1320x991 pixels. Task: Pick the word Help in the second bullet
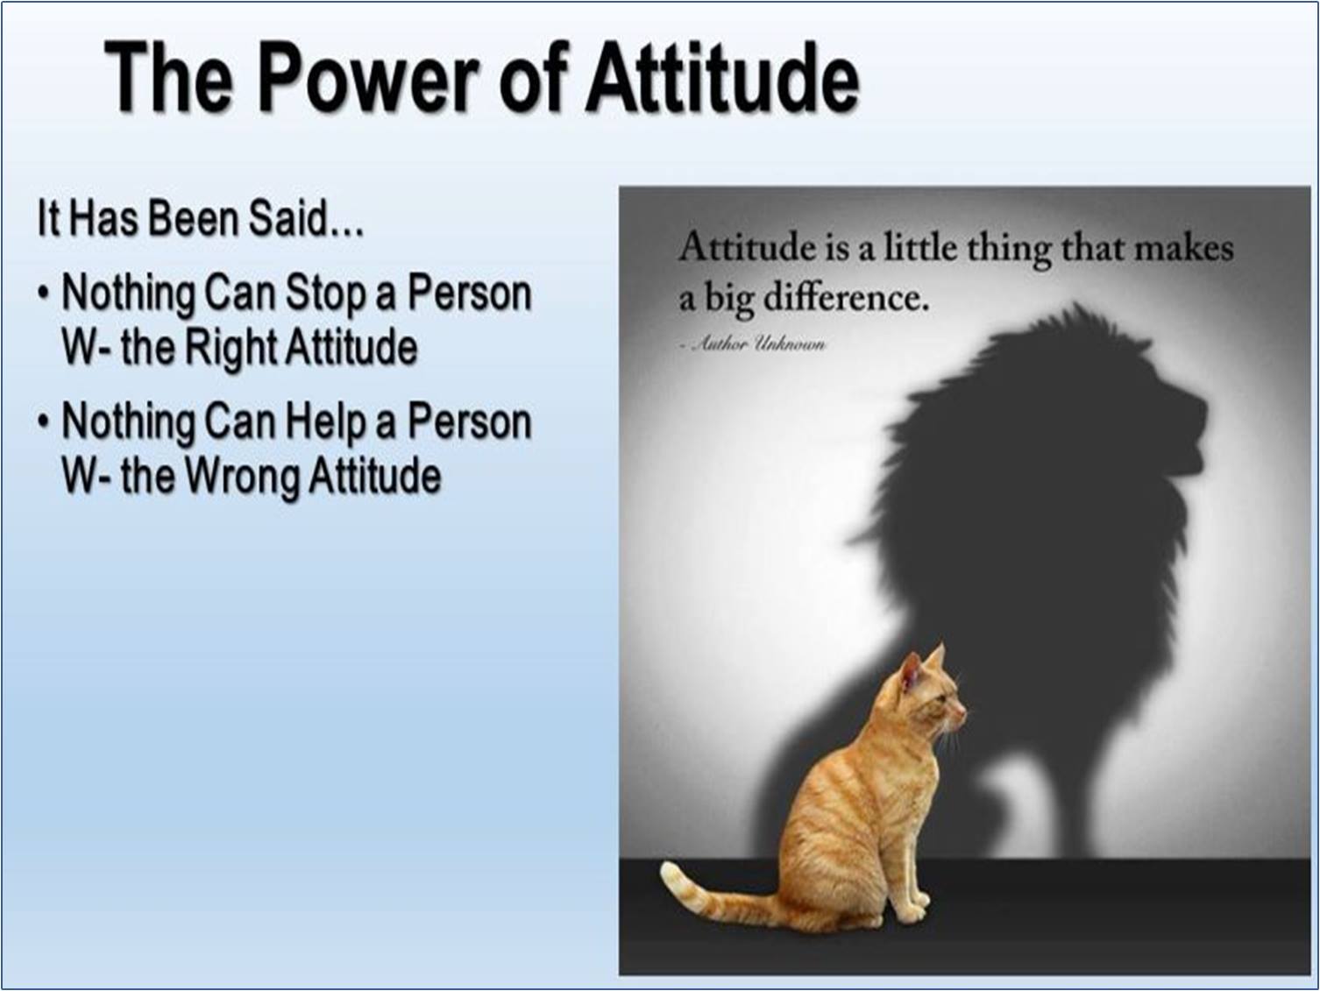click(x=325, y=422)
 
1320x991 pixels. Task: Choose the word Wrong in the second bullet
click(x=241, y=477)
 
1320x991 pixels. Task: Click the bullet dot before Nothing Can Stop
click(x=43, y=295)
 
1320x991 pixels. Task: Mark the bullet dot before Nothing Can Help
click(x=43, y=423)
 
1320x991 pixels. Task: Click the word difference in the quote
click(x=846, y=297)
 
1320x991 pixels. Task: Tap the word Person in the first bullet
click(x=470, y=294)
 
